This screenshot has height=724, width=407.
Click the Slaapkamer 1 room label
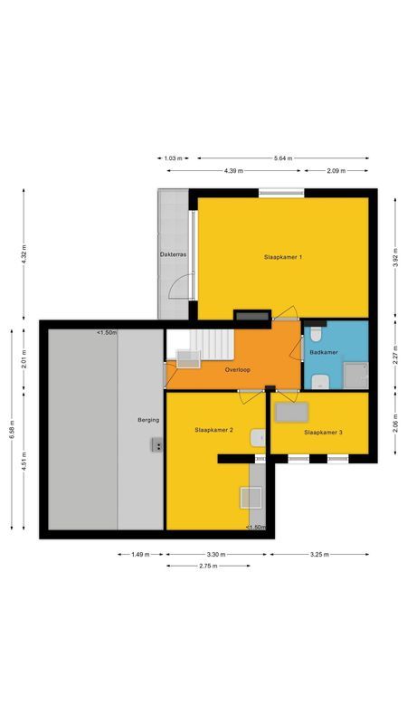coord(283,257)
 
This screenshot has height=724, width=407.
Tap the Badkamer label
coord(324,352)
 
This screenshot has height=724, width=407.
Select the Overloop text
coord(238,370)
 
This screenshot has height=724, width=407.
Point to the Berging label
coord(148,420)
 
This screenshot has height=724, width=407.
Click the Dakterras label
coord(173,254)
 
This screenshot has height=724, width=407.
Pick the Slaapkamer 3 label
coord(323,433)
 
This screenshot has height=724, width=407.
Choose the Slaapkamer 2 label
coord(213,430)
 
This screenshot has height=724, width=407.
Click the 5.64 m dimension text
coord(283,158)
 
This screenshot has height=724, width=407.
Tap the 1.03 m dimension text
coord(173,158)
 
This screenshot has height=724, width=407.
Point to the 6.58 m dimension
coord(12,429)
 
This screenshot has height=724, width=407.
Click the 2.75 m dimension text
coord(208,566)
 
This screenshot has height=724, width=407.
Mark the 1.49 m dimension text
coord(140,555)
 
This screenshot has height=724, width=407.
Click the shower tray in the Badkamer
coord(355,376)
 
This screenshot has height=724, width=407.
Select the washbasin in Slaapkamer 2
coord(258,438)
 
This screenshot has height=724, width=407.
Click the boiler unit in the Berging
coord(156,444)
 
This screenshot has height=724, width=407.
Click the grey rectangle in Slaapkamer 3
coord(291,413)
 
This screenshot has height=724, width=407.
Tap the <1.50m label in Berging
coord(107,332)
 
